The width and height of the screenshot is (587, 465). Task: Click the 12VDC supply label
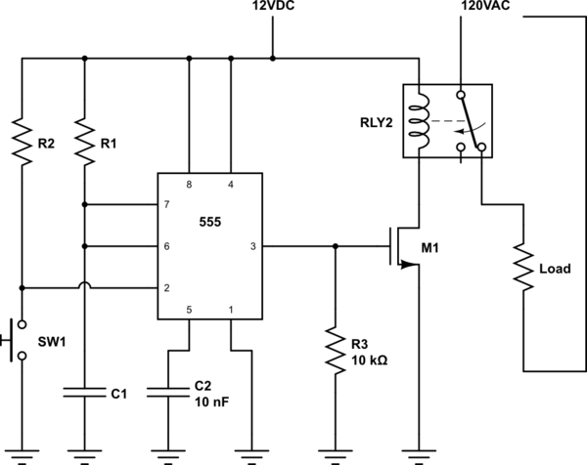click(273, 6)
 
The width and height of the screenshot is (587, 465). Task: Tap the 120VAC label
click(485, 6)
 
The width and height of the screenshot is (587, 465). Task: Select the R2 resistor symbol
click(22, 142)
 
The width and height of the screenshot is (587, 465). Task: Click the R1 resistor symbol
click(84, 142)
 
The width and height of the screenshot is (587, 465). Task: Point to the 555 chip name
click(210, 222)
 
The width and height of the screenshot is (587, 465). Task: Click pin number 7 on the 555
click(166, 204)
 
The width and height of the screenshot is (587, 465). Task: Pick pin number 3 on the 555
click(253, 246)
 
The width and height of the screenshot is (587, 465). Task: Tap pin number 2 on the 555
click(166, 288)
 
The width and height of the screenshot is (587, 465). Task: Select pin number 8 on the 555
click(189, 185)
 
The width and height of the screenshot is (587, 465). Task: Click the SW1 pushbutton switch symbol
click(15, 340)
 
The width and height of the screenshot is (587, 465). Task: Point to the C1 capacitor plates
click(84, 392)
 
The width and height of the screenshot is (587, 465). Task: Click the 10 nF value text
click(211, 402)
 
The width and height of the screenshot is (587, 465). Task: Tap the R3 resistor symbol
click(336, 351)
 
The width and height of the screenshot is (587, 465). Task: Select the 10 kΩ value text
click(369, 360)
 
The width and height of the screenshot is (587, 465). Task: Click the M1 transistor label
click(429, 248)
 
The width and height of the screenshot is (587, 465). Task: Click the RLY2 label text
click(377, 123)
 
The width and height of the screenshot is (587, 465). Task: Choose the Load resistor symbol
click(523, 268)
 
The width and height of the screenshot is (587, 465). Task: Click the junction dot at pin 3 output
click(336, 246)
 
